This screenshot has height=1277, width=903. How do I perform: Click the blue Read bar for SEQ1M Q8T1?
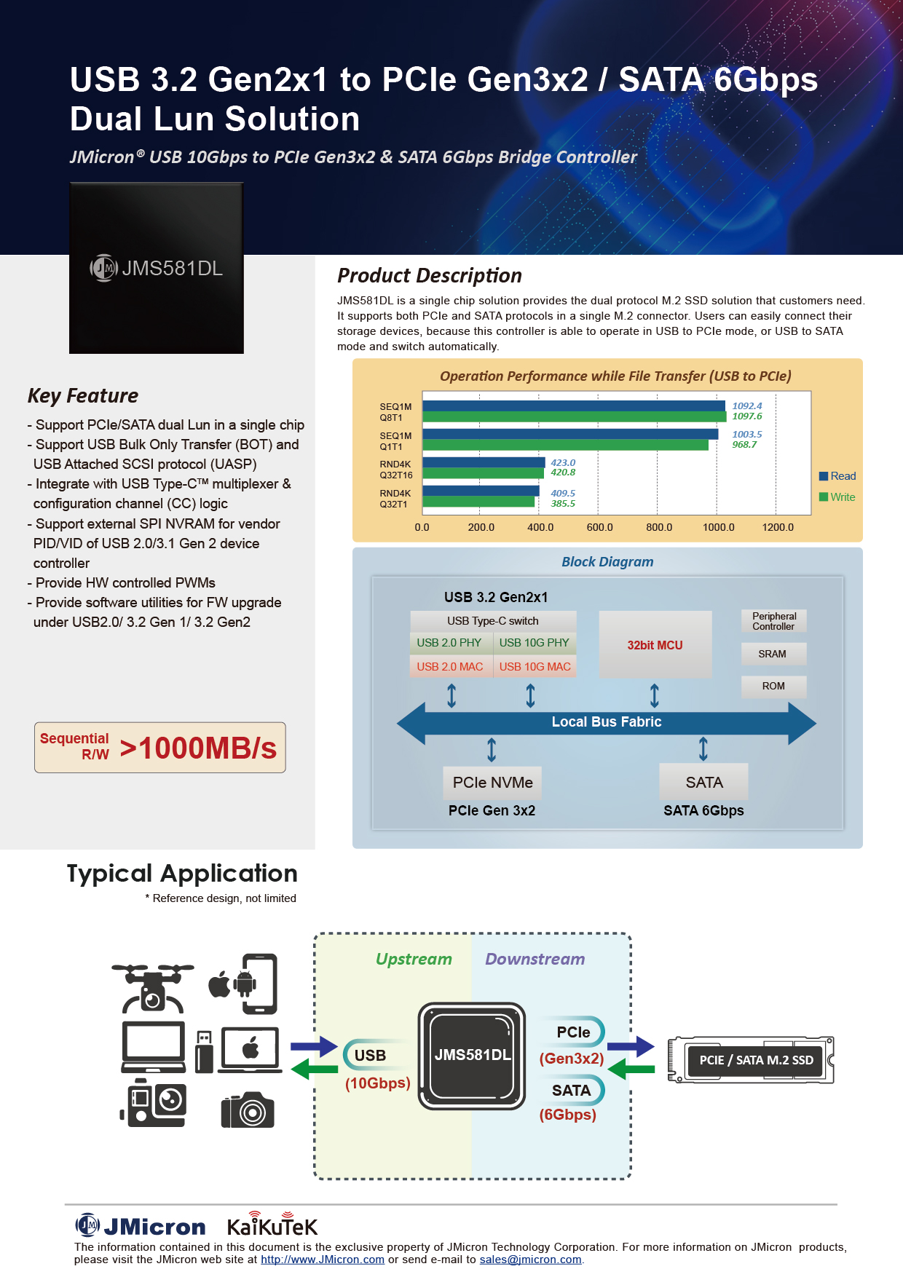click(573, 406)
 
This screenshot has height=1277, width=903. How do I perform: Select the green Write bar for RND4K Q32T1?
click(478, 502)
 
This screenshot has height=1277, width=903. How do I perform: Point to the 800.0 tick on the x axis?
click(659, 527)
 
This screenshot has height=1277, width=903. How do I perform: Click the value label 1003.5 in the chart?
click(746, 435)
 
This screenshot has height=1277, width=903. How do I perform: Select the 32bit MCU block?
click(655, 645)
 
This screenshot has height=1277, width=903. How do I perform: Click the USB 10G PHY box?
click(534, 643)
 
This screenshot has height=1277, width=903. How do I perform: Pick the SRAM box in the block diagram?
click(773, 654)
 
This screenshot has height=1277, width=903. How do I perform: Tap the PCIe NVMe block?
click(492, 783)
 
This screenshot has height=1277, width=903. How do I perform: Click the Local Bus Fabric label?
click(606, 722)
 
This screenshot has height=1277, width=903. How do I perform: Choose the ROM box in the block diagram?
click(773, 686)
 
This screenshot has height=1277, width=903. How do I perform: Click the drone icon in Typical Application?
click(153, 987)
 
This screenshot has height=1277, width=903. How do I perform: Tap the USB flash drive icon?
click(205, 1051)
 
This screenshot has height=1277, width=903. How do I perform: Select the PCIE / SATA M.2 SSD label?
click(756, 1060)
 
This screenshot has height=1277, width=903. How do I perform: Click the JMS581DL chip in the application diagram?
click(472, 1055)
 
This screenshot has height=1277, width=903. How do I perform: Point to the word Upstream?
click(414, 959)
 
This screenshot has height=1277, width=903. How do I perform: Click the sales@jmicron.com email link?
click(530, 1260)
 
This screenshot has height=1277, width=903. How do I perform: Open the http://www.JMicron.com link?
click(322, 1260)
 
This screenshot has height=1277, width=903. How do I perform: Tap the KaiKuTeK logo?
click(272, 1226)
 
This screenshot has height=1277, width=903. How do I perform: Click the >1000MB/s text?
click(198, 748)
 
